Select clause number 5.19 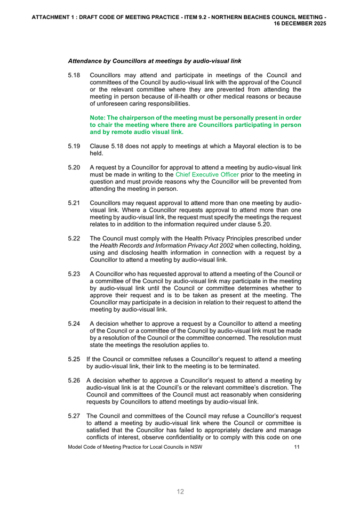click(74, 146)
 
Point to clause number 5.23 click(74, 274)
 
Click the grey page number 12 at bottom click(180, 491)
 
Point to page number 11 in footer click(297, 446)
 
